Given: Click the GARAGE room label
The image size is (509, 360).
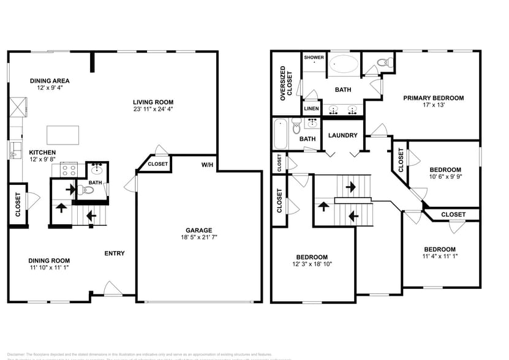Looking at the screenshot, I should [x=190, y=230].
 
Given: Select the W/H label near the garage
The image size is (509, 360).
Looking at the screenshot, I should [x=207, y=165].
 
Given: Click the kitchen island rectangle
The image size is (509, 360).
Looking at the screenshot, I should [x=64, y=134].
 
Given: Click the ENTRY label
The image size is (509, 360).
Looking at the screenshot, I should [x=114, y=253].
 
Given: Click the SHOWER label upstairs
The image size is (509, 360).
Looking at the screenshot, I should [x=314, y=58].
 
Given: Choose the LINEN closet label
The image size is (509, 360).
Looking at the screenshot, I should [x=311, y=109].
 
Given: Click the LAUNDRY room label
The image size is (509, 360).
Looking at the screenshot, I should [x=342, y=135].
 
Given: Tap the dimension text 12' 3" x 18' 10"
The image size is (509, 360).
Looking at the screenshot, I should [x=312, y=264].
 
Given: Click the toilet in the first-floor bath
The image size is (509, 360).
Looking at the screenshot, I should [x=88, y=190].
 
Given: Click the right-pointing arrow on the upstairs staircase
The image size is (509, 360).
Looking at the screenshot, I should [x=351, y=186].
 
